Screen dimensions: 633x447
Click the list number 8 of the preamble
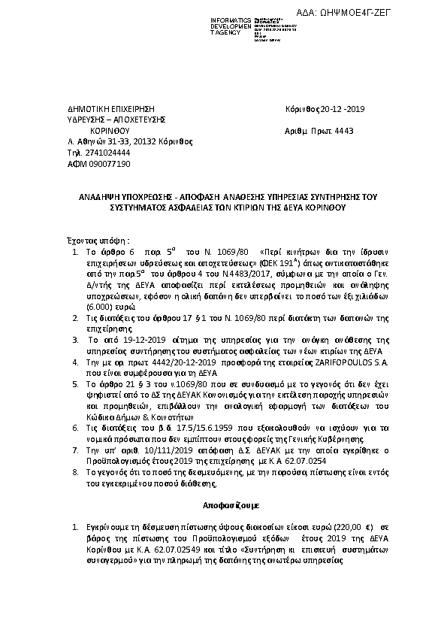pyautogui.click(x=74, y=471)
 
